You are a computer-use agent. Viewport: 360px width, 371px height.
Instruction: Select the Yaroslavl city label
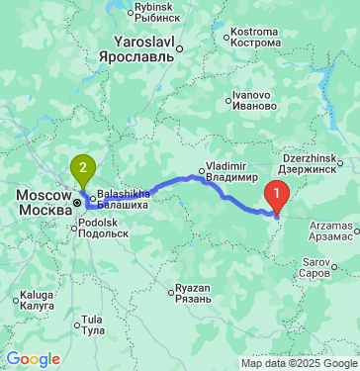pos(143,52)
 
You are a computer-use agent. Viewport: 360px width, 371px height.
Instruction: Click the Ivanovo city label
pos(252,100)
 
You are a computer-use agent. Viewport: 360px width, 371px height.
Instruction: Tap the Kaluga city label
pos(37,300)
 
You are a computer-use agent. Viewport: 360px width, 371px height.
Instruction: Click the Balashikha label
pos(124,201)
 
